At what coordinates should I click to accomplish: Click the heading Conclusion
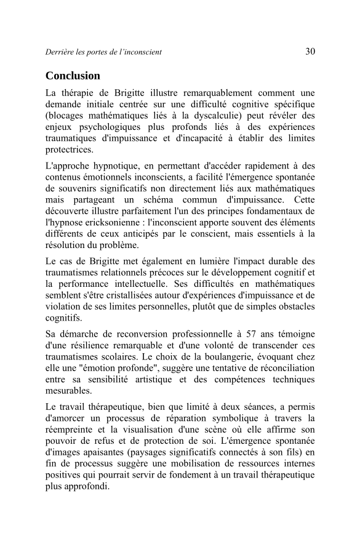point(73,76)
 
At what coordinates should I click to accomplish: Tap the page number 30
point(310,52)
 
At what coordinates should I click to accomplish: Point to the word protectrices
point(70,150)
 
